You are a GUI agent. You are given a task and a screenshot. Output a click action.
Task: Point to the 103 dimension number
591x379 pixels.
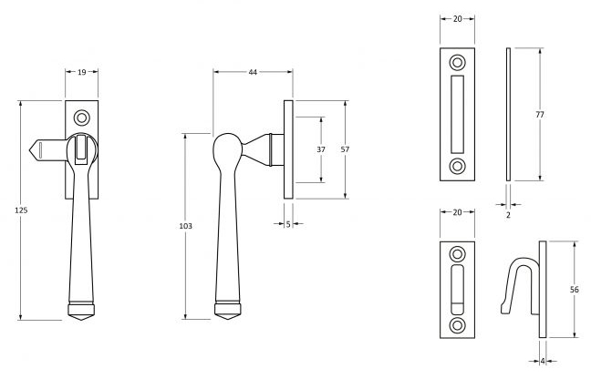186,226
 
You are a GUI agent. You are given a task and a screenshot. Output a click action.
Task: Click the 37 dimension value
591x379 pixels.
321,149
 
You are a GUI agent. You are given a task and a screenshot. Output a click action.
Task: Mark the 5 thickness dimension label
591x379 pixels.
288,223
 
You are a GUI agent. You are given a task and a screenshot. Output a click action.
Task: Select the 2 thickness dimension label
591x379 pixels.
508,216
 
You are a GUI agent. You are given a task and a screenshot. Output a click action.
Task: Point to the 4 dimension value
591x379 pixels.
544,361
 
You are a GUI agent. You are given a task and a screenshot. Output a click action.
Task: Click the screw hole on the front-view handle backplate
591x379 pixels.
82,118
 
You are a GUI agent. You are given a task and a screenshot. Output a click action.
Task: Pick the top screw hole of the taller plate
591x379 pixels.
458,62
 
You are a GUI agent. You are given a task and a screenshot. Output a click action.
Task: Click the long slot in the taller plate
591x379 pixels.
458,114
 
